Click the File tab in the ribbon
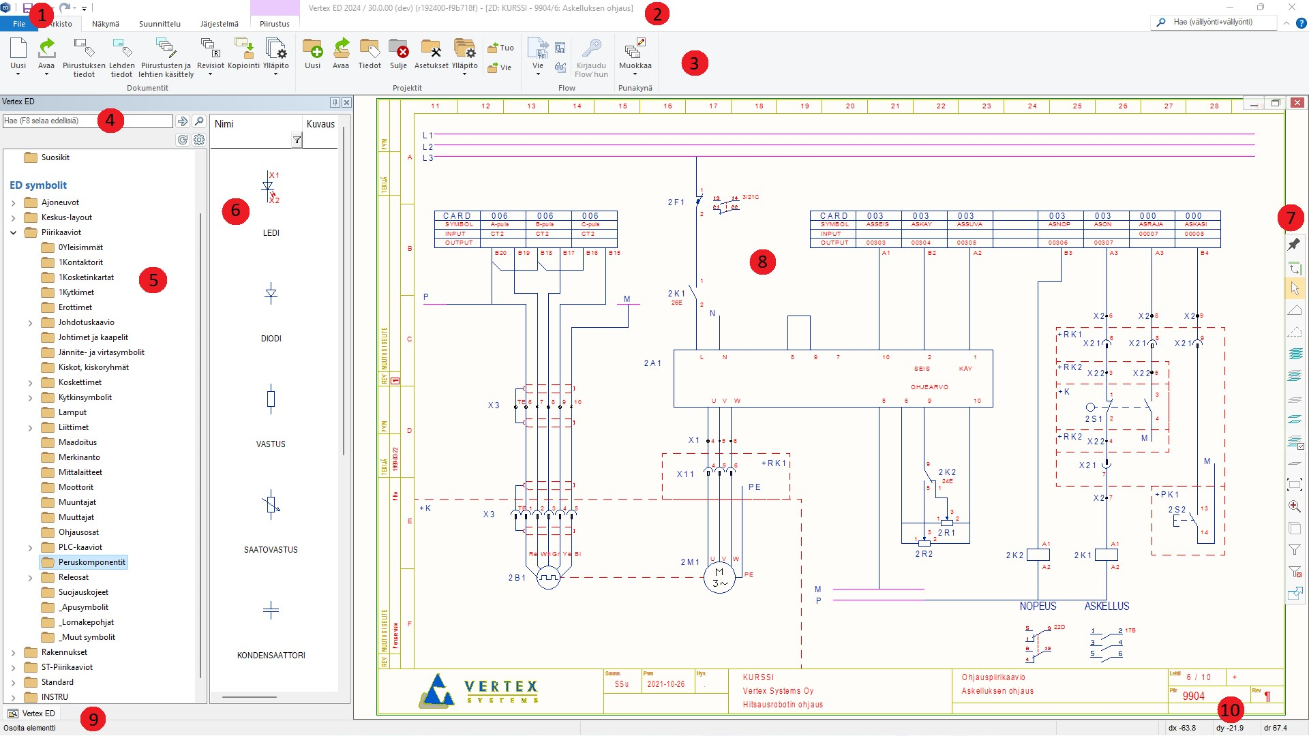pyautogui.click(x=18, y=24)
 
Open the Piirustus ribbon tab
pyautogui.click(x=275, y=24)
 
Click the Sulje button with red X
pyautogui.click(x=398, y=54)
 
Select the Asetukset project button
pyautogui.click(x=431, y=54)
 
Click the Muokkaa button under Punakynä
pyautogui.click(x=635, y=54)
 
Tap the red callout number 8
pyautogui.click(x=762, y=262)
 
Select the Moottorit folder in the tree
pyautogui.click(x=76, y=487)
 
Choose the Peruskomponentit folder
pyautogui.click(x=91, y=562)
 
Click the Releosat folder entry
pyautogui.click(x=74, y=577)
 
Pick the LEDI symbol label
pyautogui.click(x=271, y=233)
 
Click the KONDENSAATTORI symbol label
pyautogui.click(x=271, y=656)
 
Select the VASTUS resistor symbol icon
pyautogui.click(x=271, y=399)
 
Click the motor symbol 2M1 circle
pyautogui.click(x=719, y=578)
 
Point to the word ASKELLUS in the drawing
pyautogui.click(x=1107, y=606)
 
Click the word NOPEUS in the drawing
pyautogui.click(x=1038, y=606)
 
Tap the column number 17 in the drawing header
pyautogui.click(x=713, y=106)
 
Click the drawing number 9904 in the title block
pyautogui.click(x=1193, y=696)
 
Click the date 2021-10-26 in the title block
pyautogui.click(x=665, y=684)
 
